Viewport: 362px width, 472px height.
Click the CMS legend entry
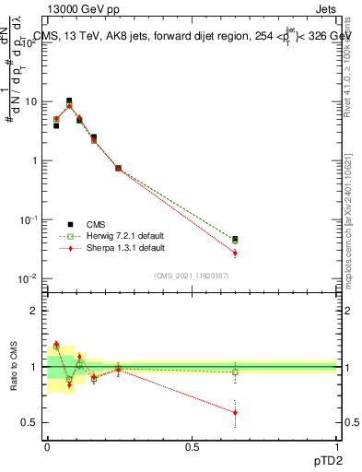(x=95, y=223)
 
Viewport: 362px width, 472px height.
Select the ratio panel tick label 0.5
(x=29, y=422)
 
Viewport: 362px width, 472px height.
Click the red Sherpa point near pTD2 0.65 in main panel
(x=235, y=253)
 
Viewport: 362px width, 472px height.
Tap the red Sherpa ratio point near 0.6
(x=235, y=412)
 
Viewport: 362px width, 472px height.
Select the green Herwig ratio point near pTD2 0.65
(x=235, y=372)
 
